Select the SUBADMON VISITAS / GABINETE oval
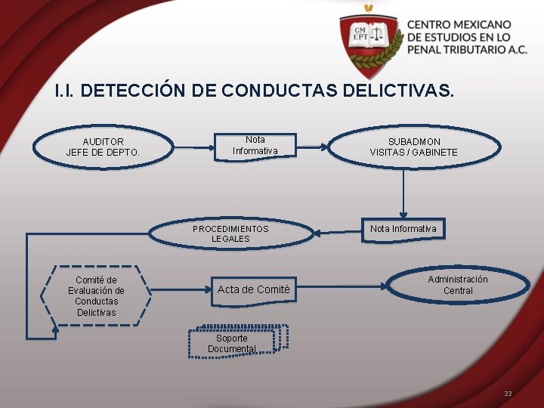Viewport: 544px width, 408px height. (x=413, y=147)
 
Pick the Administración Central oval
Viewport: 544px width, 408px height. (x=458, y=285)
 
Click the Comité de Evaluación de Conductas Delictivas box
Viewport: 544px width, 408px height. (x=96, y=296)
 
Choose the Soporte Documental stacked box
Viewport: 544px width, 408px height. (x=233, y=342)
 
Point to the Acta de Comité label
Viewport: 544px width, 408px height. (x=253, y=289)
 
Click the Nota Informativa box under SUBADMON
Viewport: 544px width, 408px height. (x=403, y=229)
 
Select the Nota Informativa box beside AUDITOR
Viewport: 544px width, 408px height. (x=255, y=145)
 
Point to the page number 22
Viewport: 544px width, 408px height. (x=508, y=394)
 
